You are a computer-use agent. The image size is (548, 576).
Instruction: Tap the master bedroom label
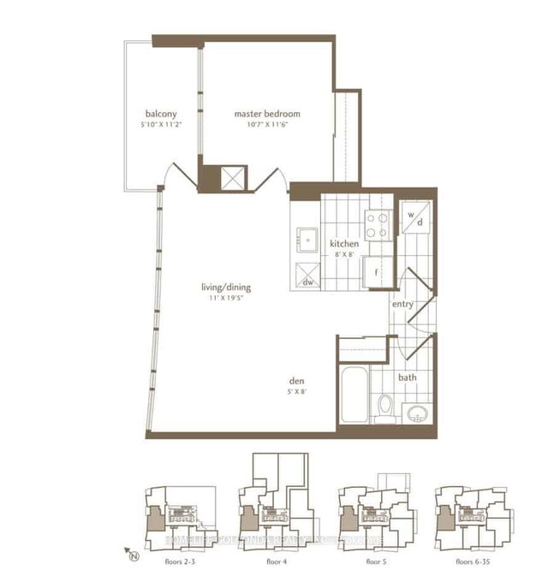click(268, 114)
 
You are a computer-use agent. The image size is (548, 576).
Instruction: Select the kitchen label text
click(344, 244)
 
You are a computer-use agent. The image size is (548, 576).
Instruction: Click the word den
click(298, 382)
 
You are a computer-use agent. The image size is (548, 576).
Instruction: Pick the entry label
click(403, 304)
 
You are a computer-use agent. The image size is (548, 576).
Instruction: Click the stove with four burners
click(376, 224)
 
